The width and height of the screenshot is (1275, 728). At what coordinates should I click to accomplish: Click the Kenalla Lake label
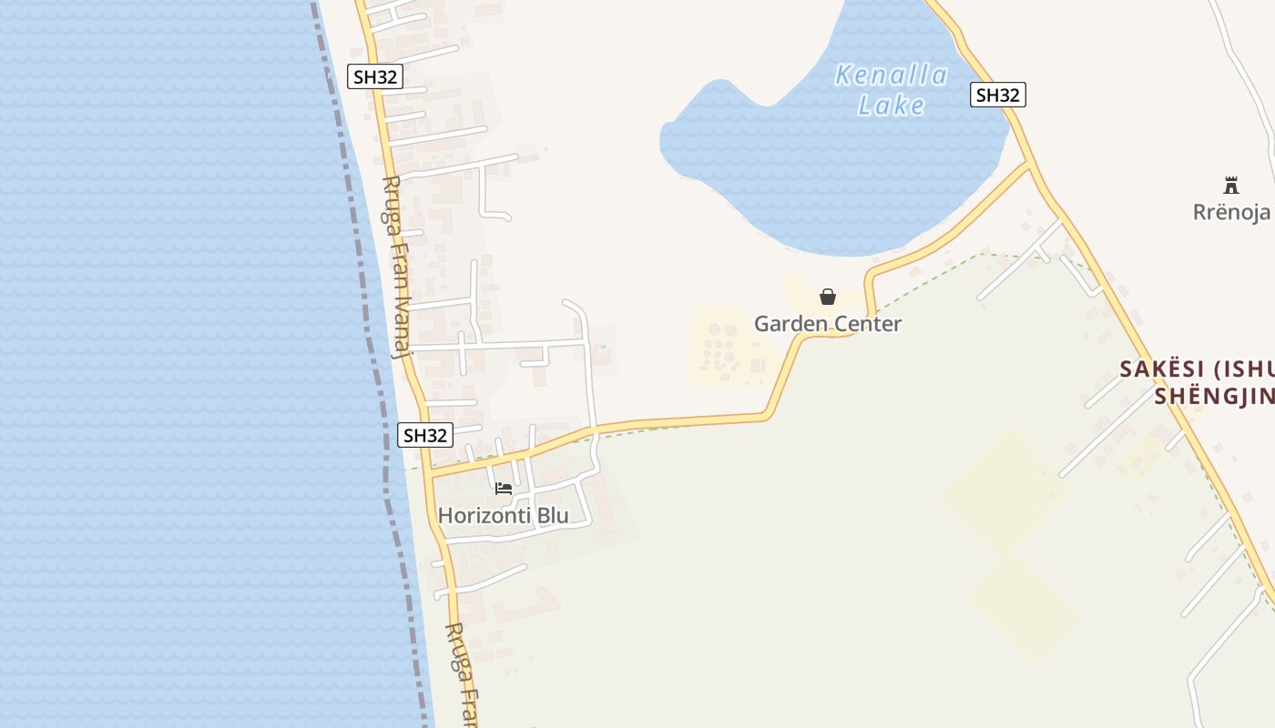click(x=891, y=89)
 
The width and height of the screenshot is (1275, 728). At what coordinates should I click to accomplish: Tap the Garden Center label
click(x=828, y=324)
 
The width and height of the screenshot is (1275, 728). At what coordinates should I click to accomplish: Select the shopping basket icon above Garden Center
click(x=828, y=297)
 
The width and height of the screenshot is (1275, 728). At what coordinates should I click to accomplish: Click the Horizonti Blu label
click(x=503, y=515)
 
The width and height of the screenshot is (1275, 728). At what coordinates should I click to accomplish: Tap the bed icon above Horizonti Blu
click(x=504, y=489)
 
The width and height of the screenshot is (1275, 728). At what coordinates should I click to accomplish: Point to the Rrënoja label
click(x=1231, y=212)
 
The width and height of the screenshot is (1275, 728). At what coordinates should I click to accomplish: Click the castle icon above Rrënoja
click(x=1231, y=186)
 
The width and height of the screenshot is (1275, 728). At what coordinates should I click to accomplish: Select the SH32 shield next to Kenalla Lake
click(x=998, y=95)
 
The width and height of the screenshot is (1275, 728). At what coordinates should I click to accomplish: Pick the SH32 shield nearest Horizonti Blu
click(x=425, y=435)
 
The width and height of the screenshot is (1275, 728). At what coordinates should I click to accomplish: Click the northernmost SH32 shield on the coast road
click(x=375, y=76)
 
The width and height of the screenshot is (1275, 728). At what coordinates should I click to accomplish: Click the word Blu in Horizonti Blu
click(x=552, y=515)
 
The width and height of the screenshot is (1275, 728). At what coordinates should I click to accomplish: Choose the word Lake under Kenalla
click(x=891, y=106)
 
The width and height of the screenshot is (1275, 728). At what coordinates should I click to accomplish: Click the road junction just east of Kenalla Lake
click(x=1030, y=165)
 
